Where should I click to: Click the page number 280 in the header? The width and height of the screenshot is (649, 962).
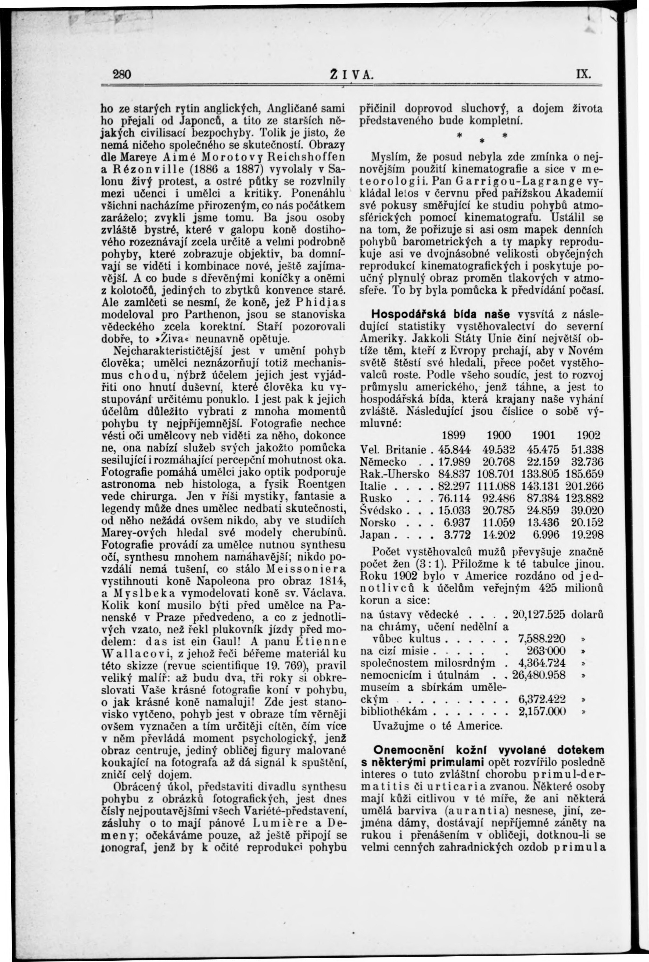pos(122,74)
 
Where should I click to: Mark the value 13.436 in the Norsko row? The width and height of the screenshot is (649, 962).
pos(543,523)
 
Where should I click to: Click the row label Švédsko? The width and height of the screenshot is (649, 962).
pos(381,511)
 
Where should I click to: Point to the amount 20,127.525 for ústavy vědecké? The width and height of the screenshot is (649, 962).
pos(539,615)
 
